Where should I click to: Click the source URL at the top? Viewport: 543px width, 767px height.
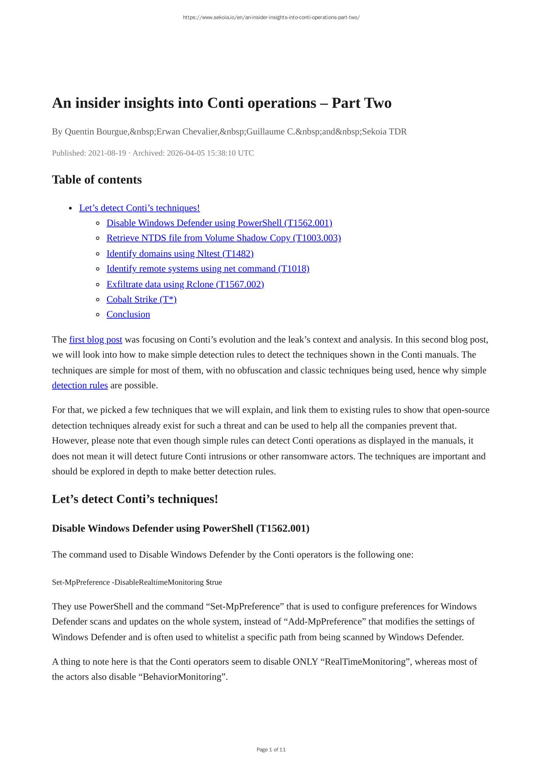click(x=271, y=17)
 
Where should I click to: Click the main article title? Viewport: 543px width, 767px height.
click(x=222, y=103)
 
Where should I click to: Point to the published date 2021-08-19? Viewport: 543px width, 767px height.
click(x=107, y=153)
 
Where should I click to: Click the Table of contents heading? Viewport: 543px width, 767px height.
click(x=97, y=180)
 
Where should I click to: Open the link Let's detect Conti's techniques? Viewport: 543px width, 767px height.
click(x=139, y=208)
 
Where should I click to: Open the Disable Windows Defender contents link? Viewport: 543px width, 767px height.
click(x=219, y=223)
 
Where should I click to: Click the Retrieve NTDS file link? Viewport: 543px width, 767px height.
click(x=223, y=238)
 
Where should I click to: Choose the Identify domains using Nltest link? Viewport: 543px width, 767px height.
click(x=180, y=253)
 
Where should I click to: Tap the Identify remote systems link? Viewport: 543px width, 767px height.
click(x=208, y=269)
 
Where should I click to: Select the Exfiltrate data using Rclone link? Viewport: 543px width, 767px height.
click(x=185, y=284)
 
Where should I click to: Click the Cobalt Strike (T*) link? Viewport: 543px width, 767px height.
click(x=141, y=299)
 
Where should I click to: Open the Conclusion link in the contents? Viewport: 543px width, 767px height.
click(x=128, y=314)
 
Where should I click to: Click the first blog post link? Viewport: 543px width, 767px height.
click(x=95, y=339)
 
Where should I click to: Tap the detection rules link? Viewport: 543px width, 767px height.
click(x=80, y=385)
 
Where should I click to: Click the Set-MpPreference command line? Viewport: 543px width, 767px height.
click(x=137, y=582)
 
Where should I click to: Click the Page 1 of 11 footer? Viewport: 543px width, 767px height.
click(x=271, y=750)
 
